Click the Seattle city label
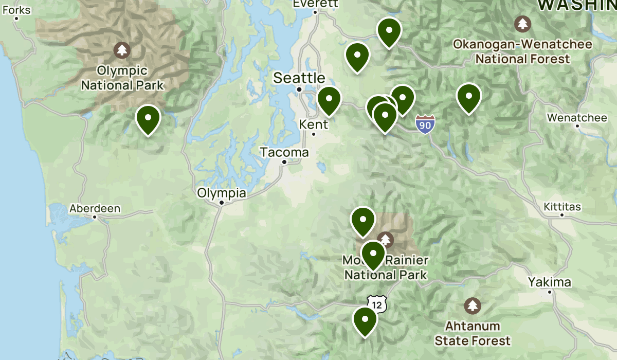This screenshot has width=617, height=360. [299, 78]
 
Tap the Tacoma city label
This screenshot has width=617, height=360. [284, 153]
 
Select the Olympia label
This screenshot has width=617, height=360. [222, 194]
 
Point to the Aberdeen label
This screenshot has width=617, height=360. [95, 209]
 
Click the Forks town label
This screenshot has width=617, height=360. [16, 10]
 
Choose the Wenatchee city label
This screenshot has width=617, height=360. [577, 118]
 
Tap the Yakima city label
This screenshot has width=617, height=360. [549, 282]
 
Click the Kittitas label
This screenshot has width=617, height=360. [562, 207]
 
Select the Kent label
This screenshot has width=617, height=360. [313, 125]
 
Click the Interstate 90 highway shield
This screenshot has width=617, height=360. [425, 124]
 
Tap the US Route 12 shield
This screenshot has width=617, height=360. [377, 304]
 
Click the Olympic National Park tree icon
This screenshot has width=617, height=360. [122, 50]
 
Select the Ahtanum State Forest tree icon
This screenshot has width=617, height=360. [473, 305]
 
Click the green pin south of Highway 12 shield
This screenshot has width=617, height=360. [365, 320]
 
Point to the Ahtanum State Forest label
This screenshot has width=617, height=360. [473, 333]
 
